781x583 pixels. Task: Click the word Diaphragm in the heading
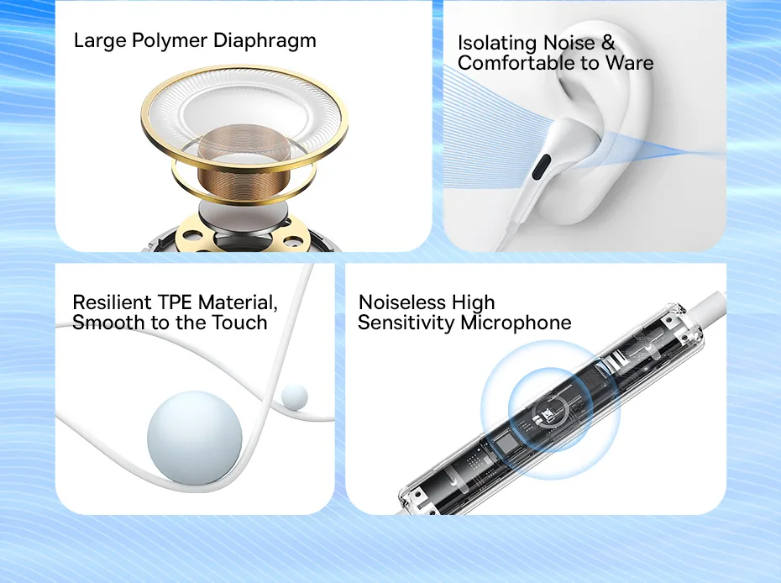[x=265, y=41]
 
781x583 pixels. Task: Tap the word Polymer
[x=170, y=41]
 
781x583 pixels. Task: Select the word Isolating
[x=498, y=43]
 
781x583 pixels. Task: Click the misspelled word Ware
[x=629, y=63]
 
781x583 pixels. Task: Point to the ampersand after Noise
[x=608, y=42]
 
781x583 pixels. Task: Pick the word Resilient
[x=112, y=302]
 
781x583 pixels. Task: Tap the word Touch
[x=240, y=323]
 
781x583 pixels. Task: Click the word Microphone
[x=516, y=323]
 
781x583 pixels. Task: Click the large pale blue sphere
[x=195, y=438]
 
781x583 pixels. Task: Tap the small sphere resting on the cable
[x=295, y=397]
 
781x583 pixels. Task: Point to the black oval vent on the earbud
[x=541, y=167]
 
